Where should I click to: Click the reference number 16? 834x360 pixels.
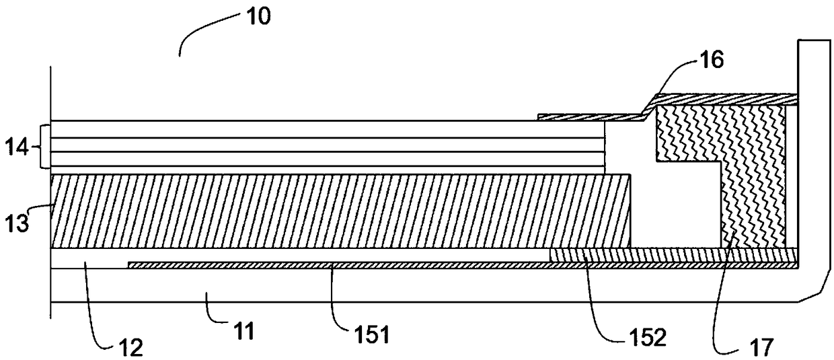pos(710,60)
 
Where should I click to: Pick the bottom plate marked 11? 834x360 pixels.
pos(404,285)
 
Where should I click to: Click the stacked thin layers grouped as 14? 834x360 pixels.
pos(323,145)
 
